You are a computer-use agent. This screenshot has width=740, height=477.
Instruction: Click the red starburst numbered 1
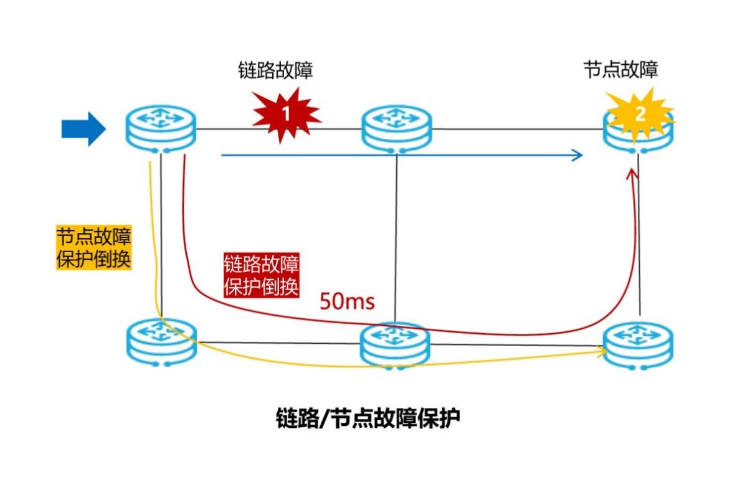[x=286, y=115]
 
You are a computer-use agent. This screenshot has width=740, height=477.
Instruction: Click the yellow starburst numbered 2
[x=640, y=115]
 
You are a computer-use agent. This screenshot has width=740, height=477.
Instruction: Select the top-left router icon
[x=161, y=129]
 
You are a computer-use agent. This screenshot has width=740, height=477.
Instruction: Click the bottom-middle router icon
[x=395, y=344]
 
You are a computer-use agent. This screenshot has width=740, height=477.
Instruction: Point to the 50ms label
[x=347, y=302]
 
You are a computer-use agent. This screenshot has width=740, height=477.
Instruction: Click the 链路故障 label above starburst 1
[x=275, y=70]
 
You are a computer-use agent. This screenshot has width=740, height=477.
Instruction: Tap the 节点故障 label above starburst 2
[x=620, y=70]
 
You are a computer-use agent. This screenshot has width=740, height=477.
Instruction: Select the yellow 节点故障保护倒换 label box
[x=94, y=247]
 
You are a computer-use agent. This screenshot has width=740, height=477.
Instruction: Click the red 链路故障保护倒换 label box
[x=262, y=275]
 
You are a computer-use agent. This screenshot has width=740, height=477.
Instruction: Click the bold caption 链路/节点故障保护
[x=368, y=418]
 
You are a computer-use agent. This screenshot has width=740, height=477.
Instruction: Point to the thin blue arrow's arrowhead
[x=579, y=155]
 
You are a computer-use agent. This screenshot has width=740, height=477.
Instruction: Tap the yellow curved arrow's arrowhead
[x=604, y=352]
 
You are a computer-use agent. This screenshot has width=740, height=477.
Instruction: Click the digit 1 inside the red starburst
[x=286, y=115]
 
